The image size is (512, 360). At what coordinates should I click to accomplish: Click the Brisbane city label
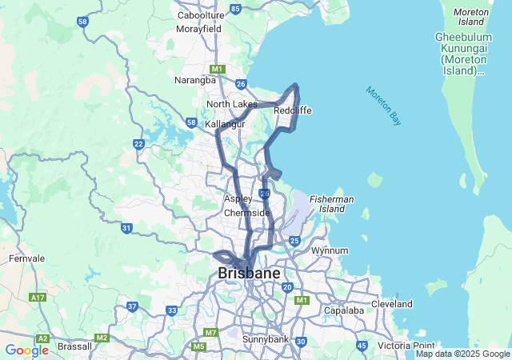point(250,274)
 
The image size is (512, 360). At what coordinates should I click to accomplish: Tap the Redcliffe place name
point(292,110)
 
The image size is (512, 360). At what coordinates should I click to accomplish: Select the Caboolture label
point(200,15)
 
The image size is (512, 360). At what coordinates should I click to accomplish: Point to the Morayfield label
point(198,29)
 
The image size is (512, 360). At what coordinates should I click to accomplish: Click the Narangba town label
point(195,80)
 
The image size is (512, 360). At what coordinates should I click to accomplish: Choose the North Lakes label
point(232,104)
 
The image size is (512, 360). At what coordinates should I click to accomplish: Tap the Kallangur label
point(225,125)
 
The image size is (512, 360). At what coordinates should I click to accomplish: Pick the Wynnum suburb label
point(330,250)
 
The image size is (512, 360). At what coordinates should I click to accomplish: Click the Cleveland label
point(392,304)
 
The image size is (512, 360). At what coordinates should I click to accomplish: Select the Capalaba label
point(345,310)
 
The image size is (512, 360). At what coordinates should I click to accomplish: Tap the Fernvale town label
point(27,258)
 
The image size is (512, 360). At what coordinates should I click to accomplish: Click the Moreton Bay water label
point(383,105)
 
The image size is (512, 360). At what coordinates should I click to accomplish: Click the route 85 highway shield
point(235,9)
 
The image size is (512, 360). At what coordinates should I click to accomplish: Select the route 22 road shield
point(138,144)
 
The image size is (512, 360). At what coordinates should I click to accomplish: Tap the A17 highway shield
point(38,297)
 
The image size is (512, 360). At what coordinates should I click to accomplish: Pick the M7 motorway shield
point(210,332)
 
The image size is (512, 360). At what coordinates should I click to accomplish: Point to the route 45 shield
point(362,346)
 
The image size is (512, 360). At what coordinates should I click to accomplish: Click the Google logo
point(27,350)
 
